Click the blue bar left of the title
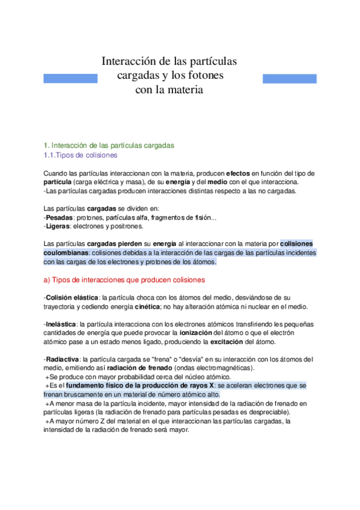(70, 78)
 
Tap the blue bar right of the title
(290, 78)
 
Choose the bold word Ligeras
(58, 226)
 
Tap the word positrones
(126, 226)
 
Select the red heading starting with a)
(125, 280)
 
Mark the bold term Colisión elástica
(72, 298)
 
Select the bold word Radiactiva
(62, 359)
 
